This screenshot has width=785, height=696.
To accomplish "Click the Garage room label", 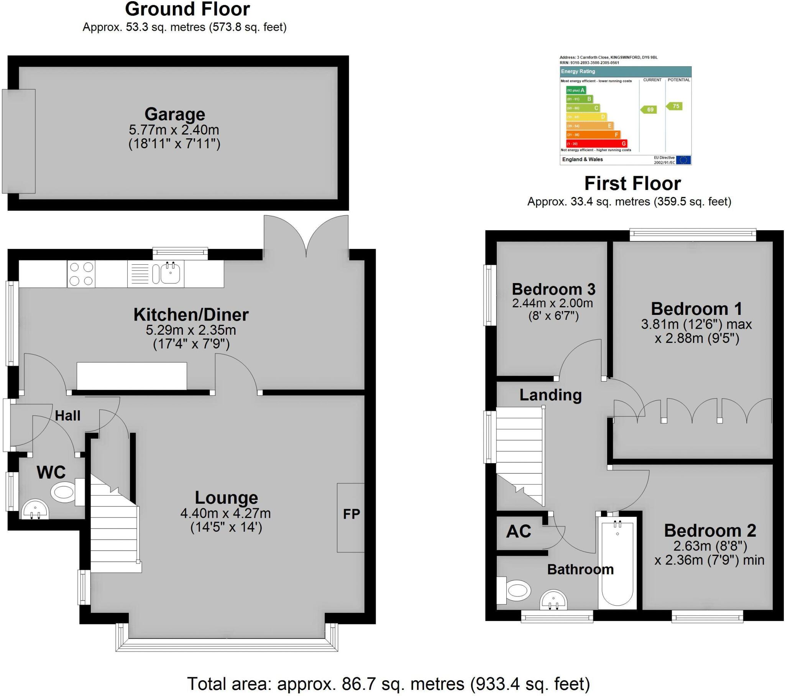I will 175,115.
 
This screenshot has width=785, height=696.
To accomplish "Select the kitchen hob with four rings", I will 81,274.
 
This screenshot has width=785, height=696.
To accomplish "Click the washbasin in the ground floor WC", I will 35,510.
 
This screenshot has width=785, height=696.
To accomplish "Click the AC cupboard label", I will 519,531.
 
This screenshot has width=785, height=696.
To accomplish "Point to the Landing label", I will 550,395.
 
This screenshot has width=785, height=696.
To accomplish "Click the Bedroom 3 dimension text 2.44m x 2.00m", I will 552,303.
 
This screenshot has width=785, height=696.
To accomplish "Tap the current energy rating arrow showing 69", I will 649,110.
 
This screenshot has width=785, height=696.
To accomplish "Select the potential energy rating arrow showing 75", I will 674,106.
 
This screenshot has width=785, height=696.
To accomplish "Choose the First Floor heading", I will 632,183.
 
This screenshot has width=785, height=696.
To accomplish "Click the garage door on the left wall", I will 18,141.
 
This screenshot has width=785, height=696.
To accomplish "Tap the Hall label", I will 67,415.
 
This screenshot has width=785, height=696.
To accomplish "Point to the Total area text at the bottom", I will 388,684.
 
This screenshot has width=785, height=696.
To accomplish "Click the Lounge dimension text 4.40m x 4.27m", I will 225,513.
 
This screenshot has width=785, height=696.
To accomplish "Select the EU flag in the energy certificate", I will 683,160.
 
